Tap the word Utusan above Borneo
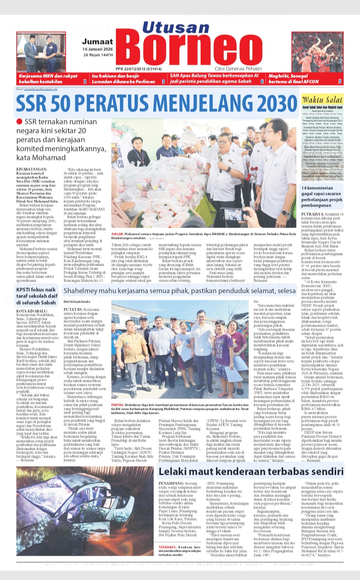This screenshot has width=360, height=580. (x=176, y=27)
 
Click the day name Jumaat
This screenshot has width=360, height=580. (x=97, y=42)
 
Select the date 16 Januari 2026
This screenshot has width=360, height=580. (x=98, y=49)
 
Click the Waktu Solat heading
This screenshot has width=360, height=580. (x=322, y=100)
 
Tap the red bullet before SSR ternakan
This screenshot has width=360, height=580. (x=19, y=122)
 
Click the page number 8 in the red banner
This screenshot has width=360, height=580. (x=262, y=81)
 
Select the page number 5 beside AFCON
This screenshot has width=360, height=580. (x=340, y=81)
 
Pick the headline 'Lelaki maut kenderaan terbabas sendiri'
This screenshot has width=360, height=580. (x=251, y=471)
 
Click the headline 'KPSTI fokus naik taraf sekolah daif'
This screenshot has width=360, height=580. (x=36, y=296)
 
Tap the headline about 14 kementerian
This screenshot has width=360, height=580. (x=321, y=197)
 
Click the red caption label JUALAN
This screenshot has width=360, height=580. (x=117, y=234)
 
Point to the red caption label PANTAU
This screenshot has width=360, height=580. (x=117, y=405)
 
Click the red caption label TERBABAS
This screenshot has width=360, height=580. (x=168, y=547)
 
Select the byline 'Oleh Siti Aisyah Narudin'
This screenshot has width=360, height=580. (x=77, y=302)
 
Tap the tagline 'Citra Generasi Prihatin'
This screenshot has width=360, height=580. (x=238, y=69)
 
